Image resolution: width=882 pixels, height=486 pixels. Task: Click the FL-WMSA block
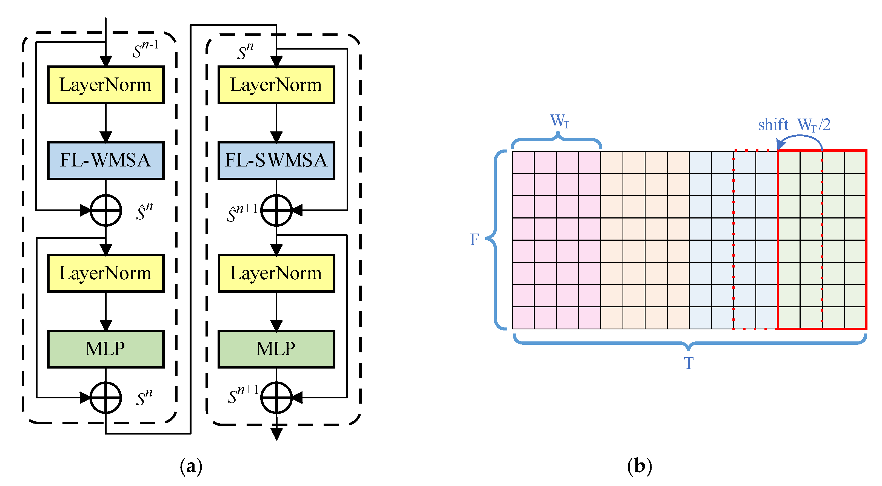[x=105, y=160]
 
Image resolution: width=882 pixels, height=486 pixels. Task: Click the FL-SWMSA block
[x=276, y=160]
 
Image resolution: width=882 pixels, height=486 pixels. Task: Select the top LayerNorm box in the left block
[x=105, y=85]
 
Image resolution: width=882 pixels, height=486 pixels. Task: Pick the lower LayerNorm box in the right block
[x=276, y=273]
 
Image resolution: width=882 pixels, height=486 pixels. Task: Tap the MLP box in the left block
[x=105, y=349]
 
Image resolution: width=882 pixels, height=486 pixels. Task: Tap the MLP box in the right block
[x=276, y=349]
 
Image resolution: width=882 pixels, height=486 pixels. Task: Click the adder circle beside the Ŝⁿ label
[x=105, y=210]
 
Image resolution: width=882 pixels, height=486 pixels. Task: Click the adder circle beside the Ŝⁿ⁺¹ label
[x=276, y=210]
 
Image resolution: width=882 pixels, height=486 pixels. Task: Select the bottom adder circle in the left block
[x=105, y=398]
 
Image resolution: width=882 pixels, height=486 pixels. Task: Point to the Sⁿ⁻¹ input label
[x=145, y=49]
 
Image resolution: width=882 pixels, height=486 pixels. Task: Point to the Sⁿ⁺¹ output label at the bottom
[x=243, y=394]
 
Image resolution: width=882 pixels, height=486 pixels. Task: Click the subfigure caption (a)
[x=191, y=466]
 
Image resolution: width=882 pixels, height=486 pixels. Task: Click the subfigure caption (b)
[x=639, y=466]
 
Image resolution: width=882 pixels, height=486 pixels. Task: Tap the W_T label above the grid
[x=559, y=121]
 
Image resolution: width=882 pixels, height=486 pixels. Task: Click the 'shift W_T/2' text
[x=794, y=125]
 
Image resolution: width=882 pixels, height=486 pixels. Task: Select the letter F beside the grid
[x=474, y=239]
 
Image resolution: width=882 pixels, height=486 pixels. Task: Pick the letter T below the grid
[x=689, y=363]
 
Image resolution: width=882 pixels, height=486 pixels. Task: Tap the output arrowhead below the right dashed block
[x=276, y=434]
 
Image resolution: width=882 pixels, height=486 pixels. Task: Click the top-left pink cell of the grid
[x=523, y=162]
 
